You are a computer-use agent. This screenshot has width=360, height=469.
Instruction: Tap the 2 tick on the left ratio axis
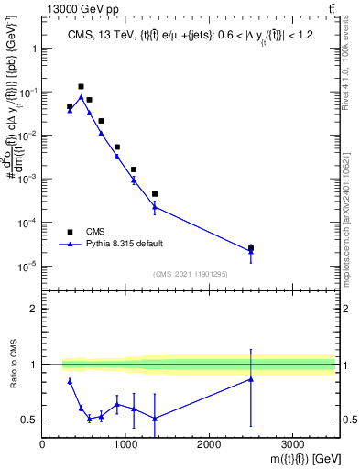coord(33,309)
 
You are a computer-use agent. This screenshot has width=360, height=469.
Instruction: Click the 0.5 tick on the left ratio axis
coord(29,420)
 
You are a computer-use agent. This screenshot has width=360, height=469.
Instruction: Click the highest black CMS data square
coord(82,86)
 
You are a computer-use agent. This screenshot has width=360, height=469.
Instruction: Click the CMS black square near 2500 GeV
coord(251,247)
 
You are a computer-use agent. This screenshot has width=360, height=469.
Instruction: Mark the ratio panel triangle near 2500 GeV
coord(251,379)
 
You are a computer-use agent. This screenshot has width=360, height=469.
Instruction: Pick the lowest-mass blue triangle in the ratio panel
coord(71,381)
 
